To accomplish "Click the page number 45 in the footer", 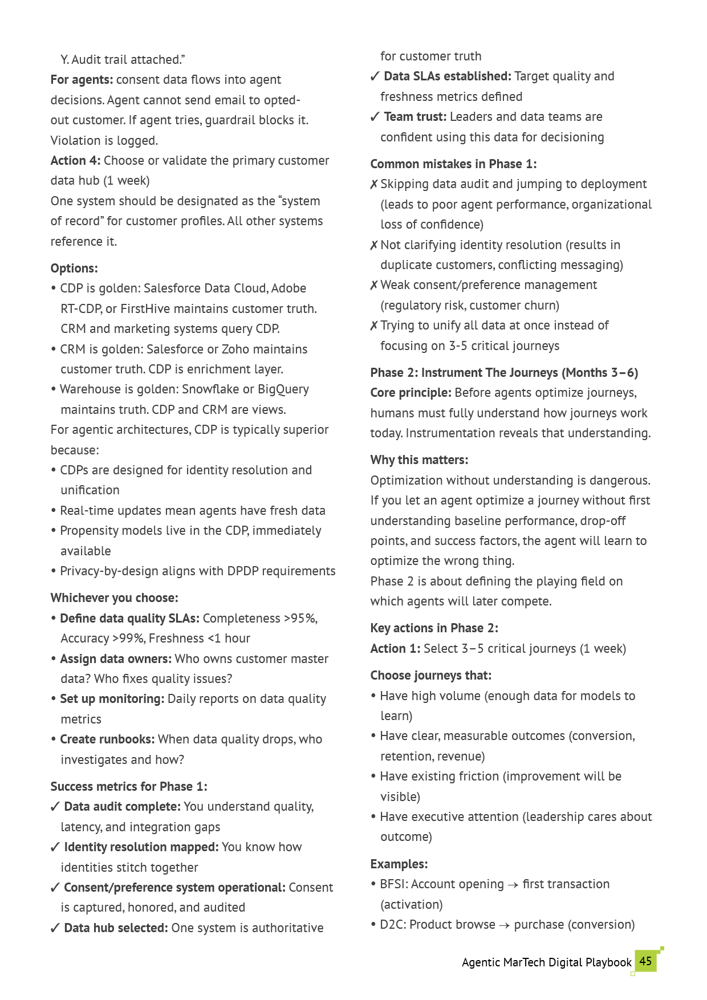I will tap(645, 961).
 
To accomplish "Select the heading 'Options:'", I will tap(74, 269).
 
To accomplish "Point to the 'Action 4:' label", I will tap(75, 161).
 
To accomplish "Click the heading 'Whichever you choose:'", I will tap(114, 598).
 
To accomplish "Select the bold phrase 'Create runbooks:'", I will tap(107, 739).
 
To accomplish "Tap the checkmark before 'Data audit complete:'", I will tap(55, 807).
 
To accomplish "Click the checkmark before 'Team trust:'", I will tap(375, 117).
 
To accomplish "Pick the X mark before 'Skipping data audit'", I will tap(374, 184).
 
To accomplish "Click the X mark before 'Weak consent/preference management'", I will tap(374, 285).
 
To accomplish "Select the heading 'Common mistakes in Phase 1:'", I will tap(453, 164).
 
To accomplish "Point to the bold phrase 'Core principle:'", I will tap(411, 393).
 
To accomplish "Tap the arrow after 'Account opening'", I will tap(513, 885).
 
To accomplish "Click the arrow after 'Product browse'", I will tap(505, 925).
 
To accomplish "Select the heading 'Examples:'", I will tap(399, 864).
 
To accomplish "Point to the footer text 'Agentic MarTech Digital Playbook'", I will tap(546, 962).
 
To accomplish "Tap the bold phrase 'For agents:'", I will tap(82, 80).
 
